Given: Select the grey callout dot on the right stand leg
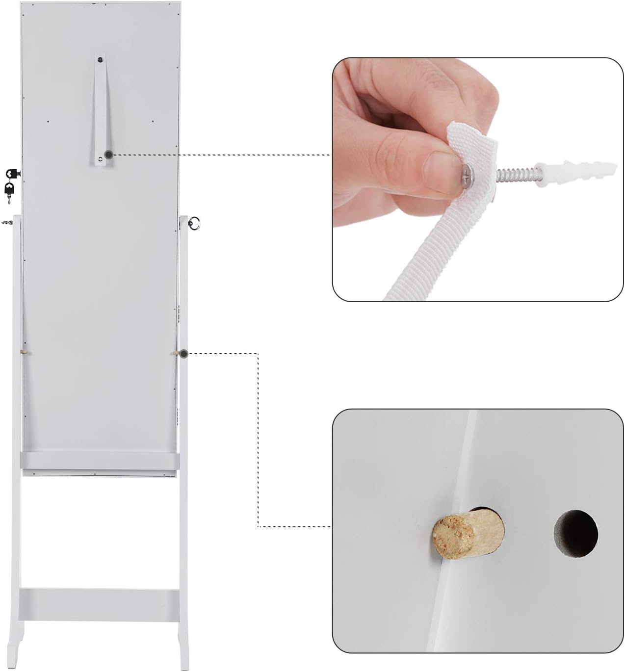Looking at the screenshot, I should coord(183,353).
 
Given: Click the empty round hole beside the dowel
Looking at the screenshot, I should coord(575,534).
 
